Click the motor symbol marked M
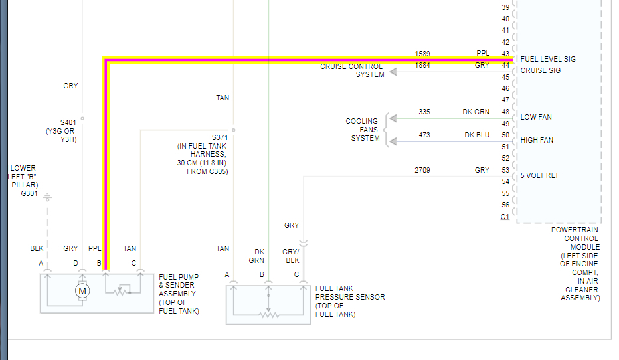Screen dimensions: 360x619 (x=82, y=290)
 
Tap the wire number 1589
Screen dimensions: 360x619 (x=422, y=53)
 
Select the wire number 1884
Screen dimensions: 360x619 (x=422, y=65)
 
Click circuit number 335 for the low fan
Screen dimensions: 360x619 (x=425, y=112)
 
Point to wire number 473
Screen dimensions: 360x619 (x=424, y=135)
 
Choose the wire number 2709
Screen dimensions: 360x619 (x=422, y=171)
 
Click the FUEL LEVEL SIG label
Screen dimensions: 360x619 (x=548, y=59)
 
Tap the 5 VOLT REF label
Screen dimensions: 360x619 (x=540, y=176)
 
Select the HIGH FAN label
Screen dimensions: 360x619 (x=537, y=141)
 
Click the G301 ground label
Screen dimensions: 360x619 (x=29, y=194)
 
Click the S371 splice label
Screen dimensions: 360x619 (x=220, y=137)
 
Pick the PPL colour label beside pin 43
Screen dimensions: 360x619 (x=483, y=53)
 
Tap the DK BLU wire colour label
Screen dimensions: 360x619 (x=477, y=135)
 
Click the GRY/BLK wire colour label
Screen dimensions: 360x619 (x=292, y=256)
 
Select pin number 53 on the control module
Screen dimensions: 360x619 (x=505, y=171)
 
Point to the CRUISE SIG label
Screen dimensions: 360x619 (x=540, y=70)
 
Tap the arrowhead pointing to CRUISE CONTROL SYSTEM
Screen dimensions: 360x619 (x=393, y=71)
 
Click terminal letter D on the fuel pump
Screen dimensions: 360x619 (x=76, y=264)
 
